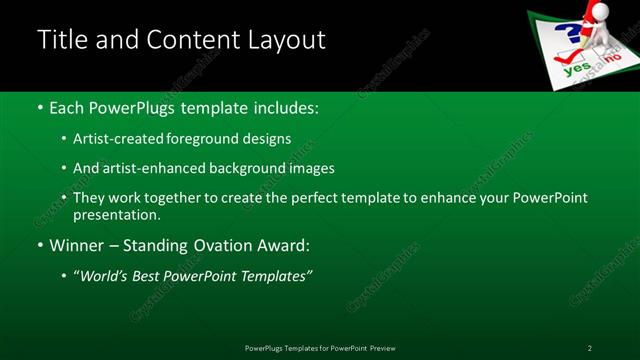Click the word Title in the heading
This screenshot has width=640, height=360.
[x=61, y=40]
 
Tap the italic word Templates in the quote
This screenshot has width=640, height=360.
[x=275, y=276]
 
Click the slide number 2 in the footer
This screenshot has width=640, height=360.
[x=589, y=348]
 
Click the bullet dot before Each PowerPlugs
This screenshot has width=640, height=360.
[x=39, y=106]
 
